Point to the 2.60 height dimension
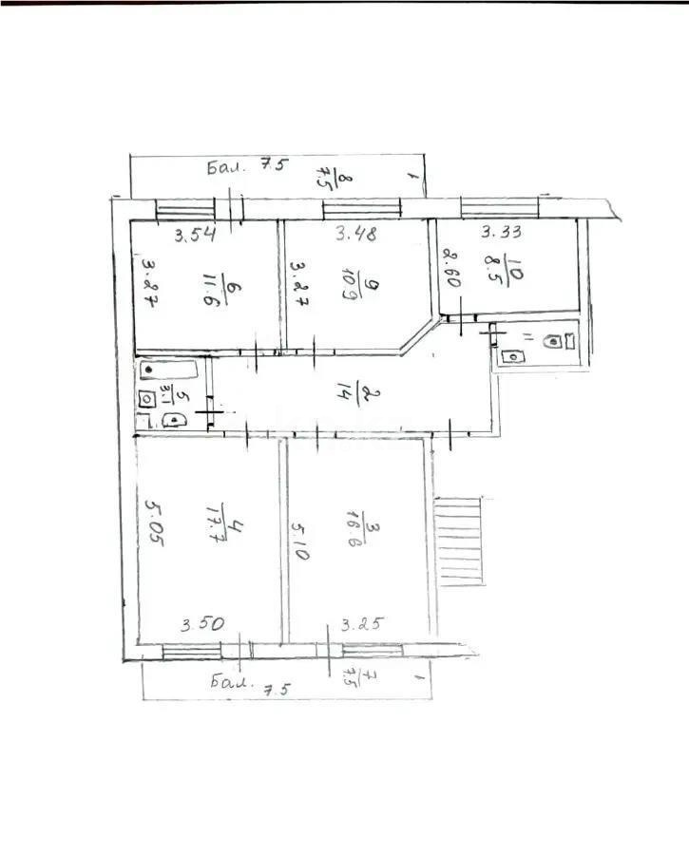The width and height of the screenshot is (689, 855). (450, 269)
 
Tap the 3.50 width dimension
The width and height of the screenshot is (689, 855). (201, 624)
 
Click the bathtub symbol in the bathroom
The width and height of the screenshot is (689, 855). (168, 370)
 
